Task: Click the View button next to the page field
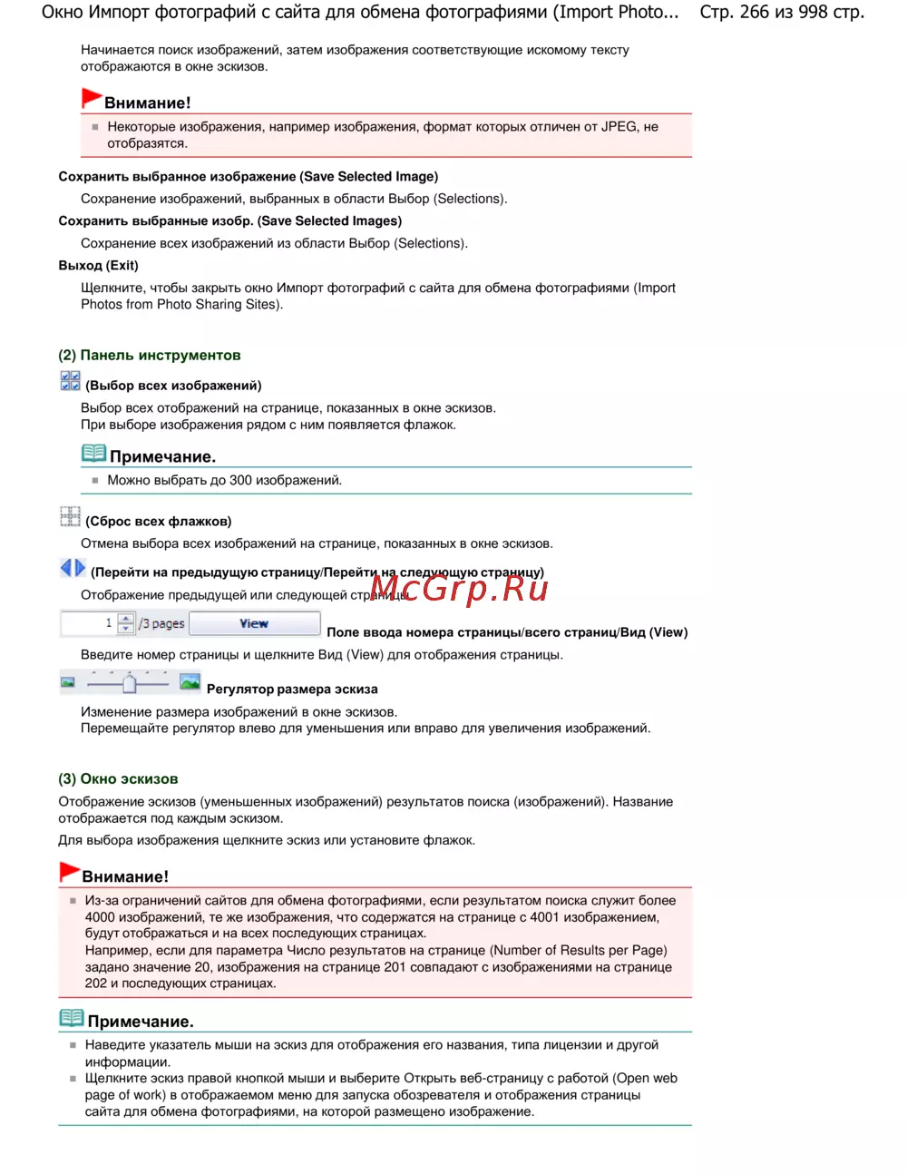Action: click(x=254, y=623)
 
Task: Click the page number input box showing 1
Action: click(x=88, y=623)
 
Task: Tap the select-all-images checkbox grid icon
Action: click(x=70, y=381)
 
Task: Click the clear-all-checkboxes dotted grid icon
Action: click(x=70, y=517)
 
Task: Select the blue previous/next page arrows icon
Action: click(x=73, y=569)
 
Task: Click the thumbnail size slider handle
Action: click(x=130, y=682)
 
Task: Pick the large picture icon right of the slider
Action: click(x=190, y=681)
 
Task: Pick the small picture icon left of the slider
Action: click(x=67, y=682)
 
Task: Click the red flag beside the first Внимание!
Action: click(x=91, y=98)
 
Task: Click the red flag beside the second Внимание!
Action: click(x=69, y=872)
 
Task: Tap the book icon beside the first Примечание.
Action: click(x=93, y=453)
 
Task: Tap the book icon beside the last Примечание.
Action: click(x=72, y=1018)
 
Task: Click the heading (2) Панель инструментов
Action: click(x=150, y=356)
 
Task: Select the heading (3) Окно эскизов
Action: click(x=118, y=779)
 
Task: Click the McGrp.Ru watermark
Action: click(x=459, y=590)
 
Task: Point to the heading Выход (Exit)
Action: click(x=98, y=266)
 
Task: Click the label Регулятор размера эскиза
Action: click(x=292, y=690)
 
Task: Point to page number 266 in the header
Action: click(x=754, y=13)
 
